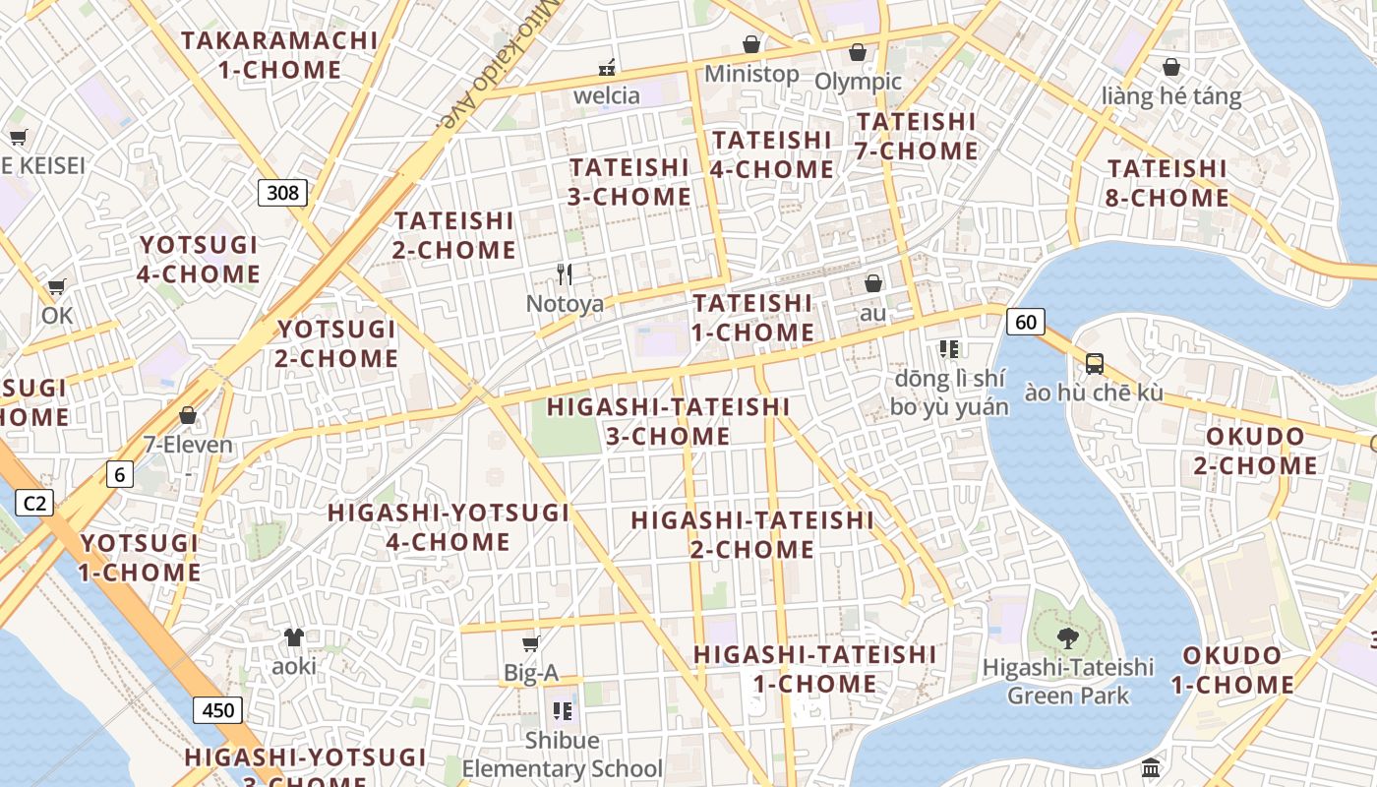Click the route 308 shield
pyautogui.click(x=282, y=192)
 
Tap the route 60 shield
pyautogui.click(x=1025, y=321)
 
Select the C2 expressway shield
pyautogui.click(x=34, y=504)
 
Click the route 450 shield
pyautogui.click(x=217, y=710)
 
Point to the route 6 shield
pyautogui.click(x=119, y=475)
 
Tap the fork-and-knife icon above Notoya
pyautogui.click(x=565, y=273)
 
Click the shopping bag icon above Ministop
pyautogui.click(x=751, y=44)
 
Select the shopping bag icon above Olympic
pyautogui.click(x=858, y=51)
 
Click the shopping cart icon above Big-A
pyautogui.click(x=531, y=643)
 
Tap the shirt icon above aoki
pyautogui.click(x=294, y=636)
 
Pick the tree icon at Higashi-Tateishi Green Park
pyautogui.click(x=1067, y=638)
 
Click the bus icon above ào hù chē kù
pyautogui.click(x=1094, y=363)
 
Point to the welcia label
pyautogui.click(x=607, y=95)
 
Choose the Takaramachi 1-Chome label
pyautogui.click(x=279, y=55)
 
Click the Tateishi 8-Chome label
pyautogui.click(x=1167, y=183)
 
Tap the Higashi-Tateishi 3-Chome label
pyautogui.click(x=669, y=421)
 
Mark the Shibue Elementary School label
pyautogui.click(x=563, y=754)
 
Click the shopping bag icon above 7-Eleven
pyautogui.click(x=188, y=415)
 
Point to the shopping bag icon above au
pyautogui.click(x=872, y=283)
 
